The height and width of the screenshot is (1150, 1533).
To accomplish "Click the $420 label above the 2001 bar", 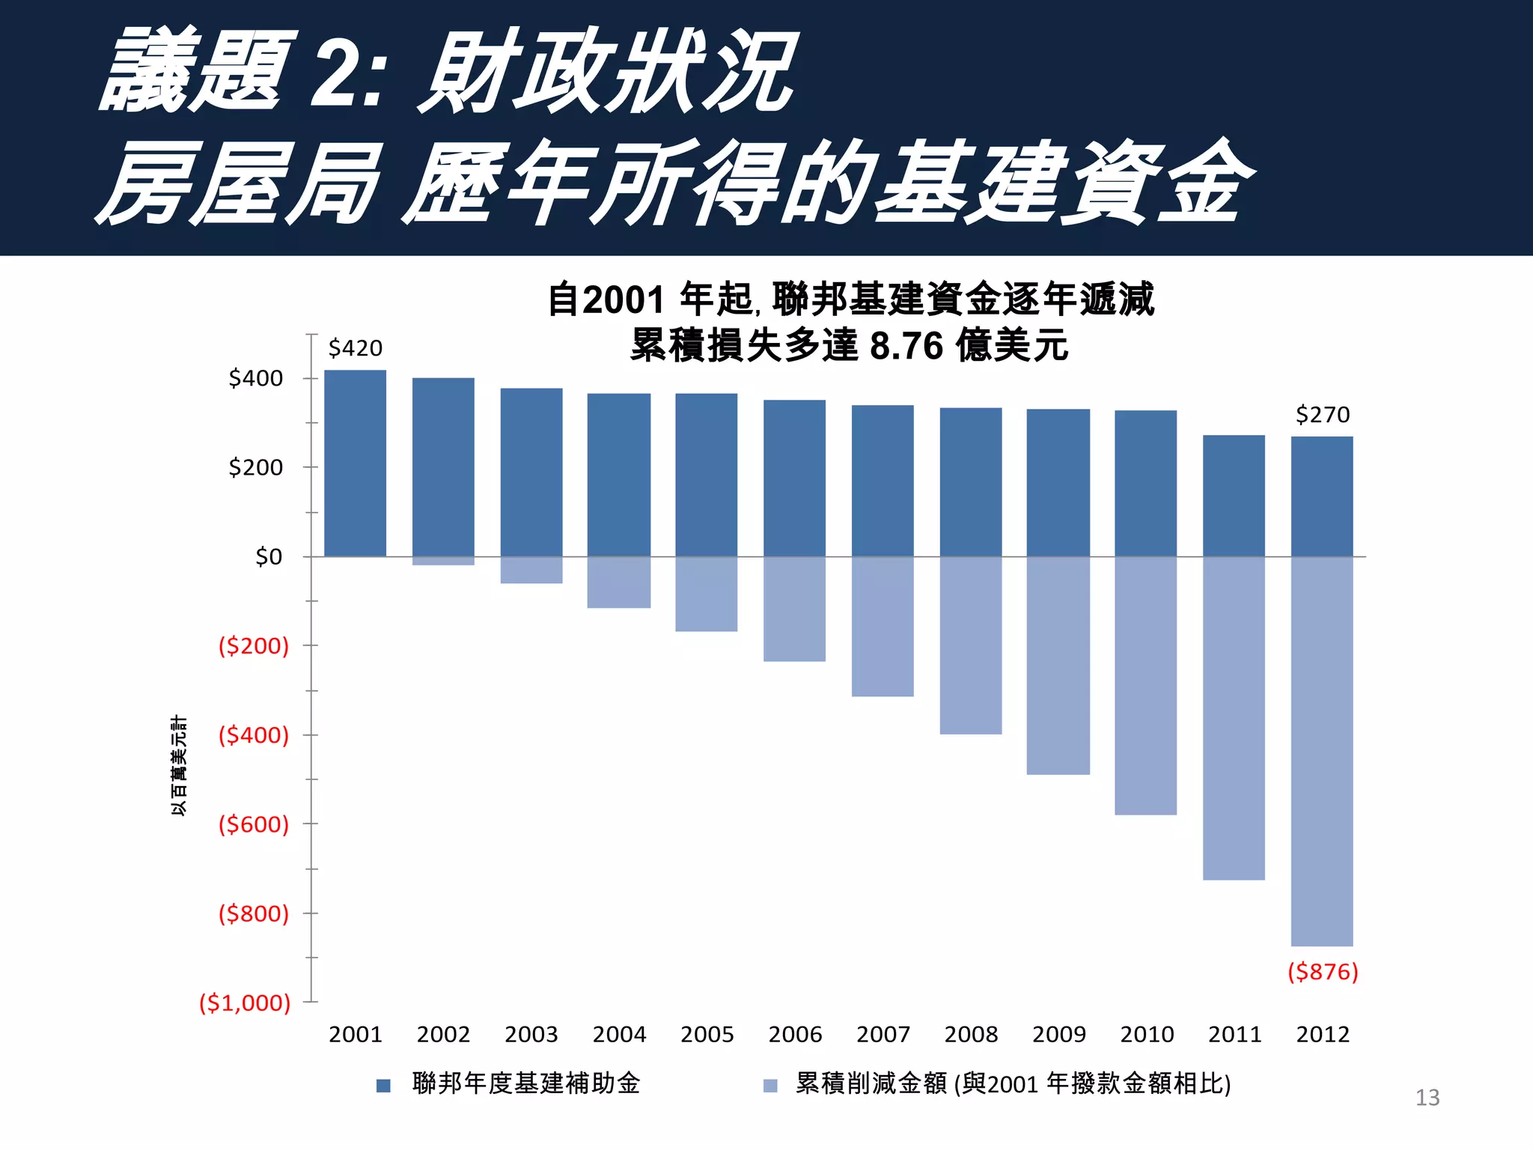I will [355, 348].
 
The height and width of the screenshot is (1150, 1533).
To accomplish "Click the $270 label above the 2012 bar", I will [1322, 415].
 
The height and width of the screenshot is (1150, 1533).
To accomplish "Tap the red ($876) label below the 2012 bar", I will [1322, 972].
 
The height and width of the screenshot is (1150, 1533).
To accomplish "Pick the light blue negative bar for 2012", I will [1322, 751].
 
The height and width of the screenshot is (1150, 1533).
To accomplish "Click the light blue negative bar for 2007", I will [883, 627].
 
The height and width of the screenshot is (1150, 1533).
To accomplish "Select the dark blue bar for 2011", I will [1234, 496].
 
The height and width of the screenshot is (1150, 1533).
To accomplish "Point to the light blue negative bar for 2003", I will [531, 570].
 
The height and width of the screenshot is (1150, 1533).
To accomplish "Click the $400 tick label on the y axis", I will [256, 378].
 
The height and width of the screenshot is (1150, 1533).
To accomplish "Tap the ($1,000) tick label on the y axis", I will [245, 1003].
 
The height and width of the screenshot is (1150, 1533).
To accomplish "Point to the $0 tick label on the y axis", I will [269, 557].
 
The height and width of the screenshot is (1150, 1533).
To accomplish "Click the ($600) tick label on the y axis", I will [254, 824].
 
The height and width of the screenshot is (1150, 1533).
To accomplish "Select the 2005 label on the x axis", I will [707, 1035].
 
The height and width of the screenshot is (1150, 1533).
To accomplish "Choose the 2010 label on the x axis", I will [1147, 1035].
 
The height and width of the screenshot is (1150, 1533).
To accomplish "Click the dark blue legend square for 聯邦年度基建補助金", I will [383, 1086].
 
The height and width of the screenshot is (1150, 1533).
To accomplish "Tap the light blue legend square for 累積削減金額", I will [770, 1086].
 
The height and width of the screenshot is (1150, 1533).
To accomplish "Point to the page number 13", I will [1427, 1098].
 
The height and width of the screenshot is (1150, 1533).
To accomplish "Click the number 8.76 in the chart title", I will [906, 346].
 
